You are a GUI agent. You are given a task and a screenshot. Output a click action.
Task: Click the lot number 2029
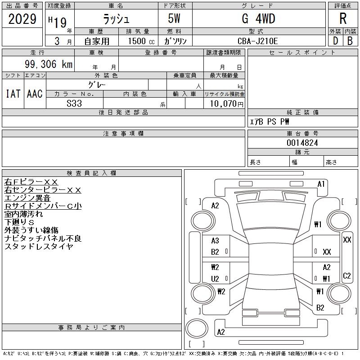[x=22, y=19]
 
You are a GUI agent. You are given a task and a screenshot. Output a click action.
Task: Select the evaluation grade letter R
[x=343, y=19]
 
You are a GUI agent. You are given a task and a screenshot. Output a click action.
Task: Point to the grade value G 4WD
[x=258, y=19]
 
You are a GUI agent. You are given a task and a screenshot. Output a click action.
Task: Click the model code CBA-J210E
[x=258, y=41]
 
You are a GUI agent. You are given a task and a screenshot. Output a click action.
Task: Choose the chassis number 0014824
[x=303, y=143]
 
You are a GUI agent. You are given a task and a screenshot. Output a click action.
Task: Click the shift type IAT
[x=13, y=94]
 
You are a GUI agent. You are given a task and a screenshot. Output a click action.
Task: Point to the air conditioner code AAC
[x=35, y=94]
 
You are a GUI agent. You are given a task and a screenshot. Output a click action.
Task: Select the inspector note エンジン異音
[x=27, y=198]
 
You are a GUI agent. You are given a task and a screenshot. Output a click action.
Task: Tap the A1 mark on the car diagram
[x=321, y=184]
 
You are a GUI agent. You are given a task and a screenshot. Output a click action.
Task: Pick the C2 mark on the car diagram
[x=347, y=275]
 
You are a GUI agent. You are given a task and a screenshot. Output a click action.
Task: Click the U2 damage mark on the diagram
[x=215, y=279]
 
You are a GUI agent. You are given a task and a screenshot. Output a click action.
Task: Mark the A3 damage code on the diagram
[x=215, y=241]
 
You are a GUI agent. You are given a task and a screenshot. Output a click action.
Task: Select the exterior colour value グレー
[x=97, y=84]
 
